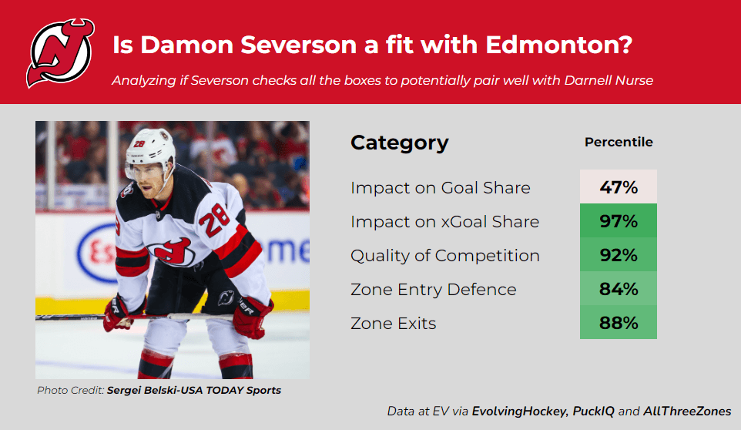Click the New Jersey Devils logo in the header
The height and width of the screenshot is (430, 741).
[60, 53]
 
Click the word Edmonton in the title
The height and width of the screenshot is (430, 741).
[558, 45]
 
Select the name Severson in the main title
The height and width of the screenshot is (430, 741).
[299, 45]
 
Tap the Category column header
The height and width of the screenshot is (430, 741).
[399, 143]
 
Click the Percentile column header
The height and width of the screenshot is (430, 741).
[619, 142]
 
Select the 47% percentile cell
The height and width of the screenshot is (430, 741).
[619, 186]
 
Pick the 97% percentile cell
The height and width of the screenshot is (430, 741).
[619, 220]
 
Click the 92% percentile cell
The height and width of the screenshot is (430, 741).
[619, 255]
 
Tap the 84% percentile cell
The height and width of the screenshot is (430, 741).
[619, 289]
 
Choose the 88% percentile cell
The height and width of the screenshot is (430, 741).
[619, 322]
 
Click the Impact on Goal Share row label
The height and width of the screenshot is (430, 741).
[441, 187]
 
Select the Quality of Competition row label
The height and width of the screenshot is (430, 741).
[445, 256]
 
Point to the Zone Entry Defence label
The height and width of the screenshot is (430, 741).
[434, 289]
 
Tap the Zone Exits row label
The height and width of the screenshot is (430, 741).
[393, 323]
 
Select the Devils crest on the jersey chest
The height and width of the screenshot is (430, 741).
[171, 251]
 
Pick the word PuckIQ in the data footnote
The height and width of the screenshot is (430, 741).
[594, 411]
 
